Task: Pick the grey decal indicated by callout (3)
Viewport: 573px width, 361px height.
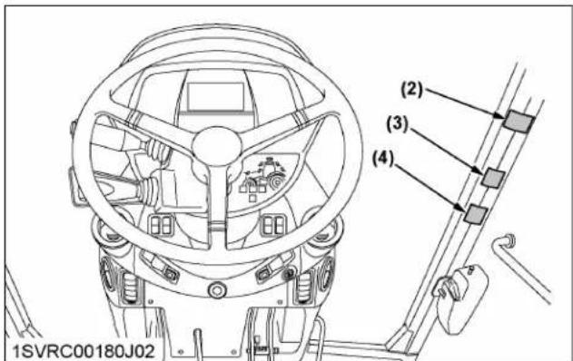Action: point(492,177)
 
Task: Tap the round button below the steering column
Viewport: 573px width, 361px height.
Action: point(216,290)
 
